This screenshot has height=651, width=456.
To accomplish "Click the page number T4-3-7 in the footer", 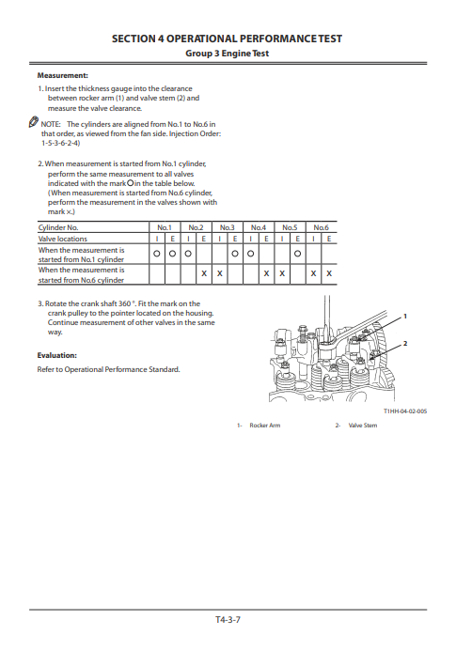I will [x=228, y=621].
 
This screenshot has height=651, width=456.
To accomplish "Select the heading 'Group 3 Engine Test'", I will [x=228, y=54].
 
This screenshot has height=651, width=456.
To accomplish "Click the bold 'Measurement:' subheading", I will [x=62, y=74].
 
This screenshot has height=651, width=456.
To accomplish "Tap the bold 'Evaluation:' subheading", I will [x=56, y=355].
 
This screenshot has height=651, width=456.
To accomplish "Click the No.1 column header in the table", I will [x=164, y=227].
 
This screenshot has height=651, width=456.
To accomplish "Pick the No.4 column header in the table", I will [x=259, y=227].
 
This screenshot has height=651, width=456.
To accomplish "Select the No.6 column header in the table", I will [x=321, y=227].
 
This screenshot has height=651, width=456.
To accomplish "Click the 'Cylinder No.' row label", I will [x=58, y=227].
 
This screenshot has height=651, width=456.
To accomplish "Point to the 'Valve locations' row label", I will [x=62, y=240].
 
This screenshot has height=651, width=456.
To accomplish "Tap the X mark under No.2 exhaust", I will [x=204, y=273].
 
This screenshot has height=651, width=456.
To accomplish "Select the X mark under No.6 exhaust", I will [x=328, y=273].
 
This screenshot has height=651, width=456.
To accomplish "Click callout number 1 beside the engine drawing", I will [x=404, y=315].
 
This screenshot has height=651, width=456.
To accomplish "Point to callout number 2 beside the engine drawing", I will [x=404, y=344].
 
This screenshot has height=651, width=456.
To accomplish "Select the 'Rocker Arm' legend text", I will [x=264, y=426].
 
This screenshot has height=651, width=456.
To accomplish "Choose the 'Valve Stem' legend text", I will [x=362, y=426].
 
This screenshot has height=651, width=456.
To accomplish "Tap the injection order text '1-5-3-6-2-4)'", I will [x=60, y=144].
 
